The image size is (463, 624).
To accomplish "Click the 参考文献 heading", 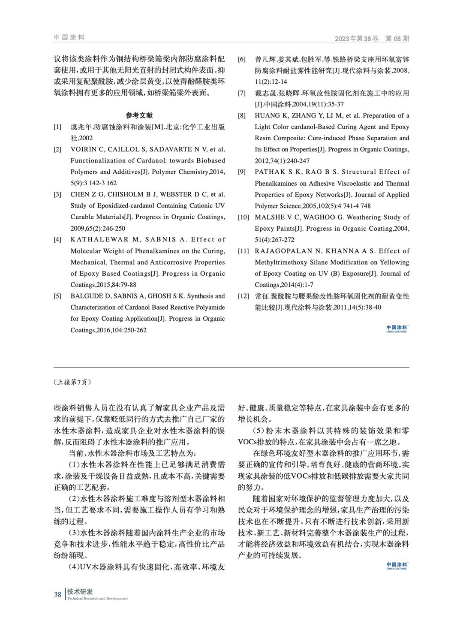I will pyautogui.click(x=139, y=115).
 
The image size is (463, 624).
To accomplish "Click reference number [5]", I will pyautogui.click(x=57, y=296).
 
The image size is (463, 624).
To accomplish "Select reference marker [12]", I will pyautogui.click(x=243, y=296).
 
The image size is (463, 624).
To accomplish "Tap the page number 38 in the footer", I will pyautogui.click(x=57, y=594).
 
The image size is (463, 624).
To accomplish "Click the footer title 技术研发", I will pyautogui.click(x=80, y=591).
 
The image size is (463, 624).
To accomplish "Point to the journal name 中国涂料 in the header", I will pyautogui.click(x=69, y=38).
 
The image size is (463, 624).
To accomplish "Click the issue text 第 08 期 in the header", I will pyautogui.click(x=397, y=39).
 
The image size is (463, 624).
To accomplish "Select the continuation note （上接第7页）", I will pyautogui.click(x=73, y=382).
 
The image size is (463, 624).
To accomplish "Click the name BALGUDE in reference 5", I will pyautogui.click(x=86, y=296).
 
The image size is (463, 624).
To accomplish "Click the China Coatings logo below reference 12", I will pyautogui.click(x=397, y=329).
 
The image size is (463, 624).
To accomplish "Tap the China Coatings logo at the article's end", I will pyautogui.click(x=397, y=566).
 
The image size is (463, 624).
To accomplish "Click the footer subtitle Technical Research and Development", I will pyautogui.click(x=98, y=598).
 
